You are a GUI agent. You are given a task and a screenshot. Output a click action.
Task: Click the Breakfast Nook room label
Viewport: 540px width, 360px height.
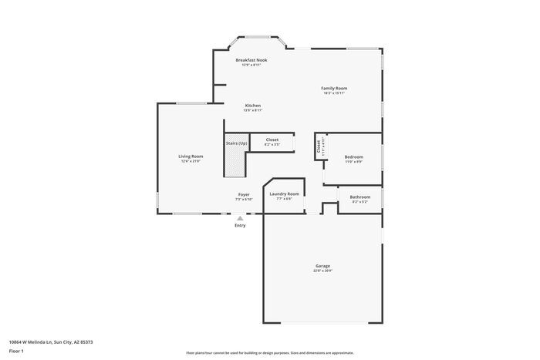[251, 59]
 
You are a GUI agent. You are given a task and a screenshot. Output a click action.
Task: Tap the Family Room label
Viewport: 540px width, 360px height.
[334, 88]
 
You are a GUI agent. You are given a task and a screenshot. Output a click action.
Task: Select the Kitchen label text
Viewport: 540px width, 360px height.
[252, 105]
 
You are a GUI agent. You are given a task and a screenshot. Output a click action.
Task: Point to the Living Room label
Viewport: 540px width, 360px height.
[191, 156]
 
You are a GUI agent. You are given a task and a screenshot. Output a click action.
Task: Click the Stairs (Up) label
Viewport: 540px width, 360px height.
[236, 143]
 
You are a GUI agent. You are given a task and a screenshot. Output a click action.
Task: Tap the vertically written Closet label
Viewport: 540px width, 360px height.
[318, 146]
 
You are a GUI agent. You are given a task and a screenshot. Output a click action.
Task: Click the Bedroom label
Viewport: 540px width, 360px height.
[353, 156]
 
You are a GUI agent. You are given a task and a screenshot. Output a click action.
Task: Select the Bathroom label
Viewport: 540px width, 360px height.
[359, 197]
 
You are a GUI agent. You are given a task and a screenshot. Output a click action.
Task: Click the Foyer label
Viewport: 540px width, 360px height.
[243, 194]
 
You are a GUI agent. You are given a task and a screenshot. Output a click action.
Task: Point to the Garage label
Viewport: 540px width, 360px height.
[322, 266]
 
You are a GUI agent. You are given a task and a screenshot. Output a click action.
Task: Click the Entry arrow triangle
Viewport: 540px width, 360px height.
[240, 218]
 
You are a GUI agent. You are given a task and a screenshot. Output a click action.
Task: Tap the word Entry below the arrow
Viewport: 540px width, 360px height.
[240, 225]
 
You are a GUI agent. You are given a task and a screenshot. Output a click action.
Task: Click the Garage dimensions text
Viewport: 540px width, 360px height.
[322, 271]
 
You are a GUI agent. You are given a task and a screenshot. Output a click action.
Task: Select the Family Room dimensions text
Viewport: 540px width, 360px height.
[334, 93]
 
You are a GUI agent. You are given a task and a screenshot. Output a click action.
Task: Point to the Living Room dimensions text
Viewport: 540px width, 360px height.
[191, 161]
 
